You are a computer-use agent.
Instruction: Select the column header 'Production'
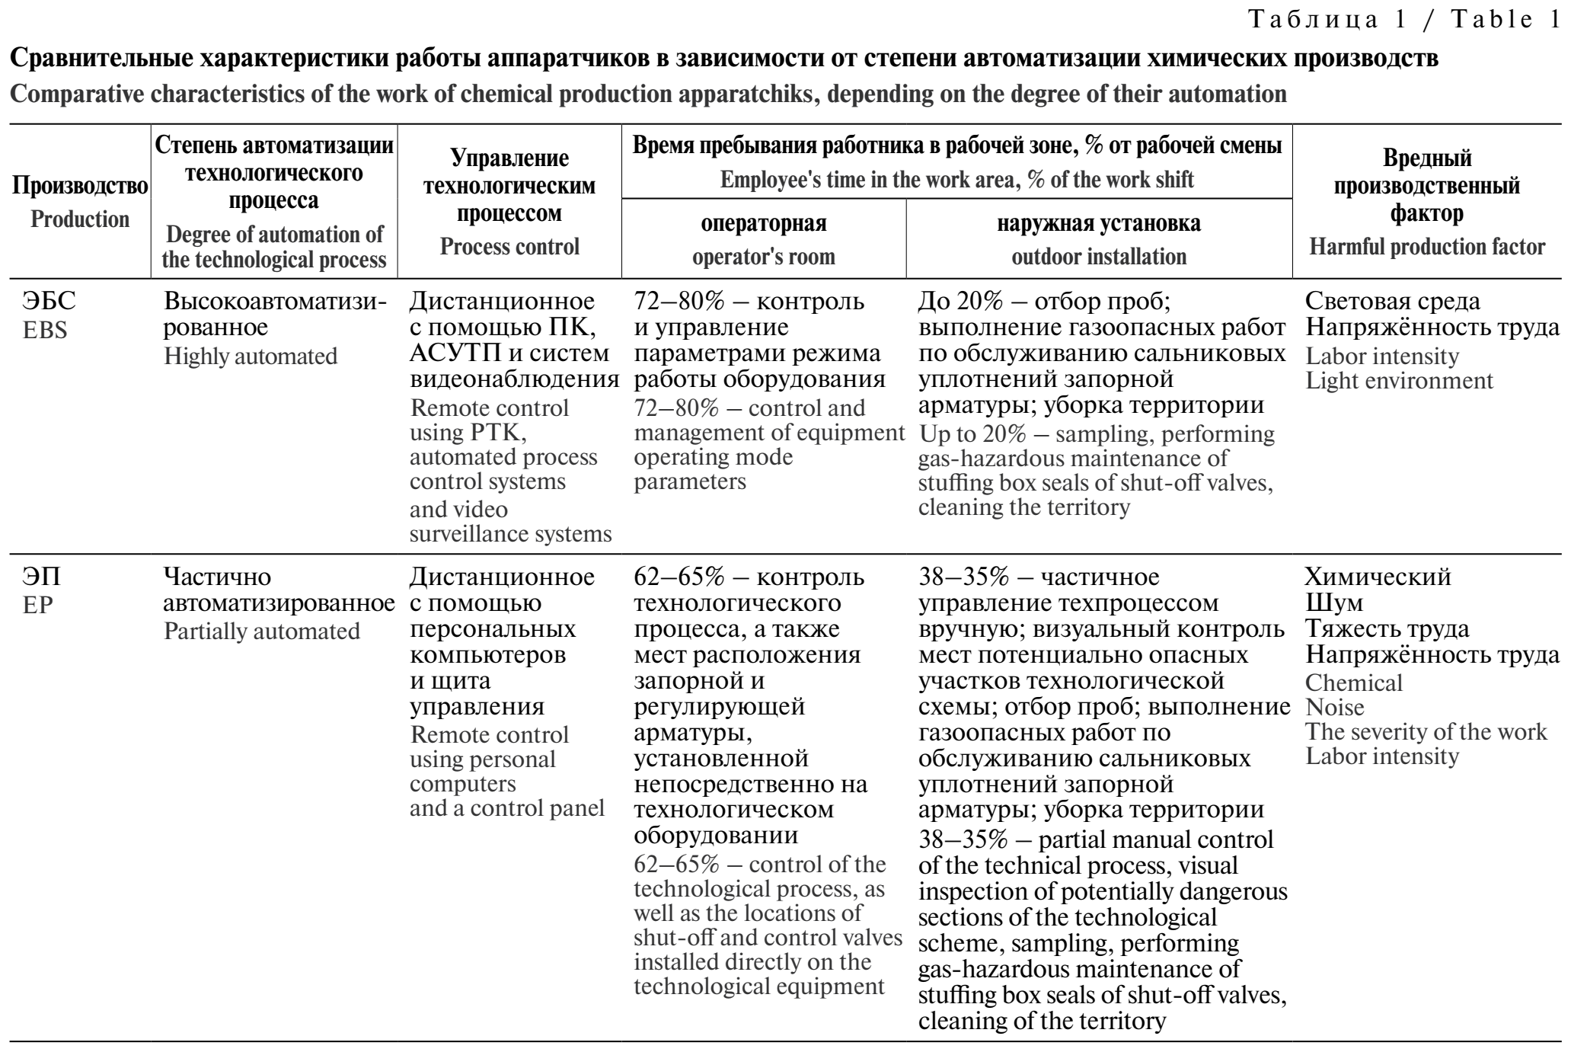pos(80,219)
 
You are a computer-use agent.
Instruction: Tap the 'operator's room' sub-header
pos(763,257)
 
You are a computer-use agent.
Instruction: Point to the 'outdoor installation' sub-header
pos(1098,257)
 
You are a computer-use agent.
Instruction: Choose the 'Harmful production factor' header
pos(1426,247)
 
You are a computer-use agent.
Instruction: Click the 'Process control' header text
pos(509,247)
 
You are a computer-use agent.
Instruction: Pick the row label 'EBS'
pos(45,331)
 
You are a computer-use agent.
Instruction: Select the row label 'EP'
pos(38,605)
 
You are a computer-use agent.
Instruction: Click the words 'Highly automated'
pos(251,357)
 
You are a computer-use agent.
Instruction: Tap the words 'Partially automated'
pos(262,632)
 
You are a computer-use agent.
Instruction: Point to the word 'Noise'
pos(1334,708)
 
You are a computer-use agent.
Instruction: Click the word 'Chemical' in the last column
pos(1353,683)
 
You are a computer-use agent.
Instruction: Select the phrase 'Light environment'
pos(1399,381)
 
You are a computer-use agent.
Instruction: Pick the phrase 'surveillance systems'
pos(510,534)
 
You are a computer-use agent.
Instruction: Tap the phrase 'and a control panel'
pos(507,808)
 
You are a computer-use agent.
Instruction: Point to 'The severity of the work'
pos(1426,732)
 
